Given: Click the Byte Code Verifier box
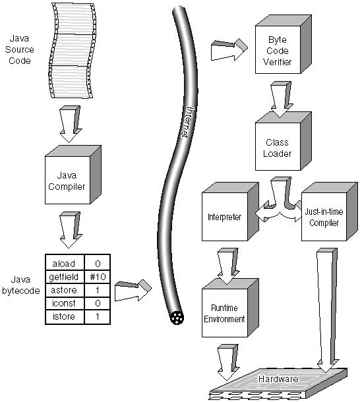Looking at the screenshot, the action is [283, 44].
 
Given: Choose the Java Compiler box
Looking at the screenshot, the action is [73, 175].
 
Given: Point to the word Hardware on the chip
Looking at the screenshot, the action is [278, 379].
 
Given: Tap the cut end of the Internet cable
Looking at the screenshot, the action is [177, 318].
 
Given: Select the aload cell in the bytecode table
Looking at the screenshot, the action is [65, 264].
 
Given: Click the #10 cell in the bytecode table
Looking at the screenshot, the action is [98, 277].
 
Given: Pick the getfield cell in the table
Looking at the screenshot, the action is [65, 277].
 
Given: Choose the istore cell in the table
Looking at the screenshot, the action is [65, 316].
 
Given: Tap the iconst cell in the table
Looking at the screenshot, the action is [65, 303].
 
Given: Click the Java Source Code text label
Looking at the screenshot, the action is [20, 49].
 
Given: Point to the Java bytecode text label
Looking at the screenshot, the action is [21, 285].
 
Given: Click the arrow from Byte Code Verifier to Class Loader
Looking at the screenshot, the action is [282, 100].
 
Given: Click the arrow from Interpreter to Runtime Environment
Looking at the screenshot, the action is [228, 266].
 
